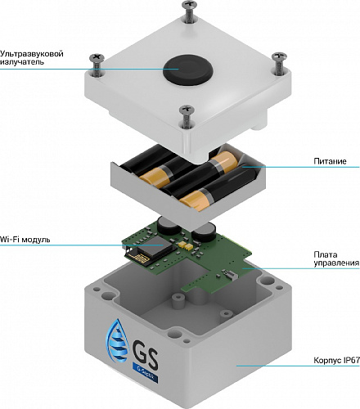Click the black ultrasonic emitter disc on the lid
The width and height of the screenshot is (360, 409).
[x=187, y=70]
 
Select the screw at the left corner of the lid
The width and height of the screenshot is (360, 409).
[x=97, y=65]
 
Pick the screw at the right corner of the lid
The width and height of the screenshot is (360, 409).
[x=279, y=63]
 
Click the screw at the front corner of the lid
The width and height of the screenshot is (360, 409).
[x=187, y=117]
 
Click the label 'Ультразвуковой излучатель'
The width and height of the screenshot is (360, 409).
[x=32, y=57]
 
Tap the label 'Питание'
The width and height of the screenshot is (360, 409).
[x=330, y=161]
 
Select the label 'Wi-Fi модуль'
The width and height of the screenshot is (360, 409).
[x=25, y=240]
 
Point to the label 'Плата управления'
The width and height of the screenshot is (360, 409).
[x=336, y=258]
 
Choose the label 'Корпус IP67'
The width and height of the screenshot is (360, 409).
[x=336, y=360]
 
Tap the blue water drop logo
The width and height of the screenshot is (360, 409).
[x=117, y=340]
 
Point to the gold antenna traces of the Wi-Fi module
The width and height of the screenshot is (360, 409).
[x=141, y=258]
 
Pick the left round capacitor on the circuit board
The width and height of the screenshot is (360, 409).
[x=169, y=226]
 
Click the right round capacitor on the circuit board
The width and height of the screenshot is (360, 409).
[x=204, y=231]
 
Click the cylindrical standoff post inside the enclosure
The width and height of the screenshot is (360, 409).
[x=178, y=301]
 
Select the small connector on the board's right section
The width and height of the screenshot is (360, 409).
[x=228, y=275]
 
